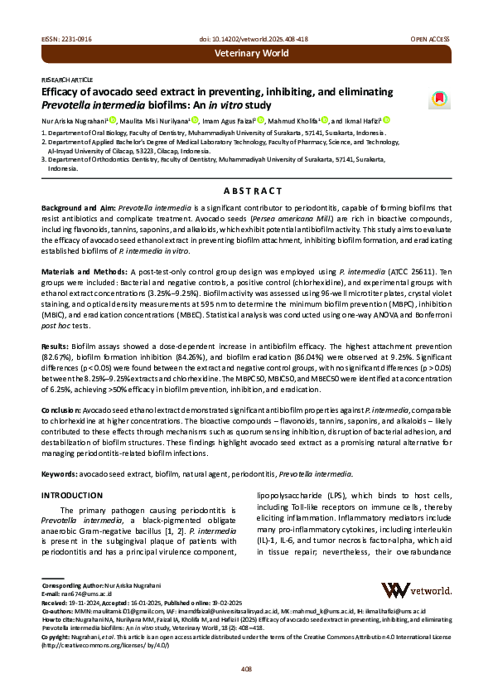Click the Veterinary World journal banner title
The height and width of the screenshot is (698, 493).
click(x=252, y=53)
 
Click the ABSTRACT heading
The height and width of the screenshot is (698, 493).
click(x=246, y=191)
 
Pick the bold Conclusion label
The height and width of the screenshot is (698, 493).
click(x=61, y=410)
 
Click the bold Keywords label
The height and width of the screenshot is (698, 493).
click(x=58, y=473)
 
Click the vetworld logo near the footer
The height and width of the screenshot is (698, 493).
click(x=415, y=589)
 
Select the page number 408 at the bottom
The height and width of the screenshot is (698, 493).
click(x=246, y=668)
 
